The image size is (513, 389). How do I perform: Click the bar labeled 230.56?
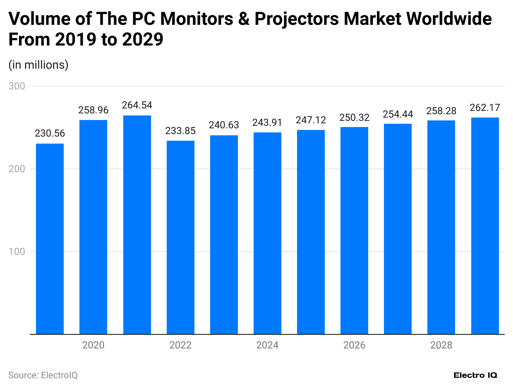(50, 239)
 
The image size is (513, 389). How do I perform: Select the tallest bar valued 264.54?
(137, 225)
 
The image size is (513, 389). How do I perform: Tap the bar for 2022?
(180, 237)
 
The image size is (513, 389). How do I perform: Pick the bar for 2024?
(267, 233)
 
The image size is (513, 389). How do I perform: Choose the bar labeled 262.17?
(485, 226)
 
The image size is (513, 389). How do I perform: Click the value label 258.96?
(93, 110)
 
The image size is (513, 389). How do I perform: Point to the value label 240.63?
(224, 125)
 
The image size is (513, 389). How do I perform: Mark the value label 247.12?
(311, 120)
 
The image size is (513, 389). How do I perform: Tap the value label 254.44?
(398, 114)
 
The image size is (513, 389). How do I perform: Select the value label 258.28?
(441, 111)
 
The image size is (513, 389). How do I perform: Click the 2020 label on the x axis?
(93, 345)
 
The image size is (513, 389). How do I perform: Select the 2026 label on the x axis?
(354, 345)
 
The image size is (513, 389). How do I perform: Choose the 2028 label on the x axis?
(441, 345)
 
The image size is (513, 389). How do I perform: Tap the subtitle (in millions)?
(38, 65)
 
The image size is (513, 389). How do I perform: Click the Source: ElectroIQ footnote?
(43, 375)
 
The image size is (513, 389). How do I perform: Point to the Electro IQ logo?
(475, 375)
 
